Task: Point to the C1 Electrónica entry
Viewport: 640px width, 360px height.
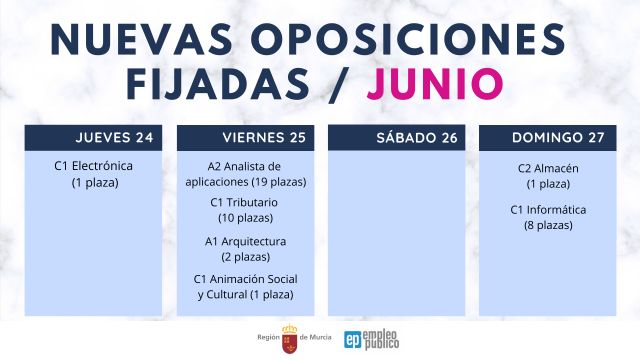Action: (93, 166)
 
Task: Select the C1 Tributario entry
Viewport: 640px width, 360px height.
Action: (244, 202)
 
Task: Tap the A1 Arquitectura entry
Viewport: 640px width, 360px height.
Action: (245, 241)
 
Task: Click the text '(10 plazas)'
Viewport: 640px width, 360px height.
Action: (245, 218)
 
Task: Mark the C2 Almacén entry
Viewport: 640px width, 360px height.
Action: (544, 168)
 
